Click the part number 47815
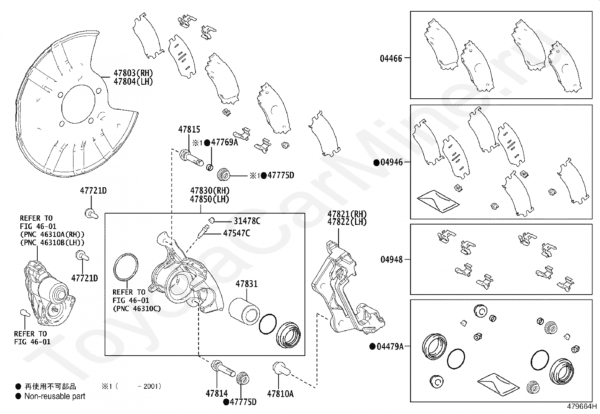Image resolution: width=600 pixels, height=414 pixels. [x=189, y=130]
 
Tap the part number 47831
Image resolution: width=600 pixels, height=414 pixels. [x=246, y=284]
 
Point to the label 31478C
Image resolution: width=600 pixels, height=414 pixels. [x=247, y=221]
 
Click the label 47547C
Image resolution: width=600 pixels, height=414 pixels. [x=236, y=233]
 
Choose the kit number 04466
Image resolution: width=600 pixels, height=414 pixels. [x=391, y=58]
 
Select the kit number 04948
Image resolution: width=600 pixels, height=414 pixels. [x=391, y=260]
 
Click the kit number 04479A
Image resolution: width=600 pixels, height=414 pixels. [x=390, y=346]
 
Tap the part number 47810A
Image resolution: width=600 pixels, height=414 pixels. [x=280, y=394]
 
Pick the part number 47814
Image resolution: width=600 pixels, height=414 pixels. [x=217, y=394]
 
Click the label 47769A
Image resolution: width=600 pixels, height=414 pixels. [x=225, y=142]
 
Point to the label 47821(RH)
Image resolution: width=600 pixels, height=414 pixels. [x=347, y=214]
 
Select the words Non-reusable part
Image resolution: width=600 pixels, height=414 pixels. [x=55, y=396]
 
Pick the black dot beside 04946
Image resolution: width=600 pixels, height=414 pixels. [x=376, y=163]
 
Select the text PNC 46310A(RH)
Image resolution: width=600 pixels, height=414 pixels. [x=52, y=235]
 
